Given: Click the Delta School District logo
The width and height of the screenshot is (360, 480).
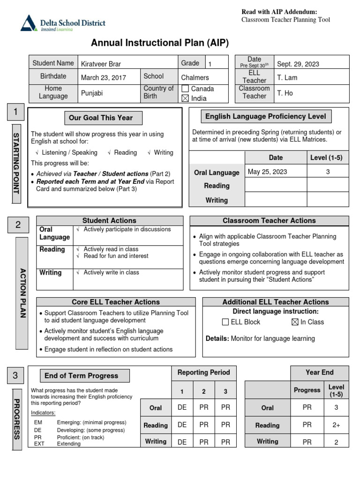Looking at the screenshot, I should (x=63, y=23).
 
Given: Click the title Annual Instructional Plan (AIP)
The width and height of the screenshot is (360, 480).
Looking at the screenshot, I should (x=160, y=43).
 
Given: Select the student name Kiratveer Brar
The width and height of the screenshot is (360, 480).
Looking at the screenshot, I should (x=101, y=64).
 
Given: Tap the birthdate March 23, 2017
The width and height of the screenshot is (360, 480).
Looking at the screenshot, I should (x=103, y=78).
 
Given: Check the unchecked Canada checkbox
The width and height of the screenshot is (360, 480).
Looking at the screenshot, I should (x=185, y=89).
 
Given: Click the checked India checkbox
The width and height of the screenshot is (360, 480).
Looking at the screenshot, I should (x=185, y=98).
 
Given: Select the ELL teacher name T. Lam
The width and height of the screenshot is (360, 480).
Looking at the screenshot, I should (x=287, y=78).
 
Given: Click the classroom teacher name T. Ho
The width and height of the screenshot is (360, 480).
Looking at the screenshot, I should (x=285, y=93).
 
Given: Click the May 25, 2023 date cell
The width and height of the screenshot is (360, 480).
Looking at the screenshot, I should (x=267, y=172).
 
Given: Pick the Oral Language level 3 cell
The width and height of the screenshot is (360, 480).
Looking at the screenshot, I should (x=328, y=172).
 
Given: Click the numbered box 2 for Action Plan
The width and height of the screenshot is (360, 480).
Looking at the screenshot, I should (x=18, y=225).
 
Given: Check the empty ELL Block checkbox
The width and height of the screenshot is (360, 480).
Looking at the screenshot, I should (x=225, y=322).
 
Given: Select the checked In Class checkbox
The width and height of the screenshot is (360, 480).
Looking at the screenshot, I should (x=294, y=322).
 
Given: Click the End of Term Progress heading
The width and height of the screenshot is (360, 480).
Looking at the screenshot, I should (x=81, y=375).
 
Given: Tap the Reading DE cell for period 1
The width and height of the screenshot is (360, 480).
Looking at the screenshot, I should (x=182, y=425).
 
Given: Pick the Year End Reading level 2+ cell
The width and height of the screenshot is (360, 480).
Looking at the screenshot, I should (x=336, y=425).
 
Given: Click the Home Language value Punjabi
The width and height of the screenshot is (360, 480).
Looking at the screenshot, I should (x=92, y=93).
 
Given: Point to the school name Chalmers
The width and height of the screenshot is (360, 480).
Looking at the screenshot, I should (x=195, y=78).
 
